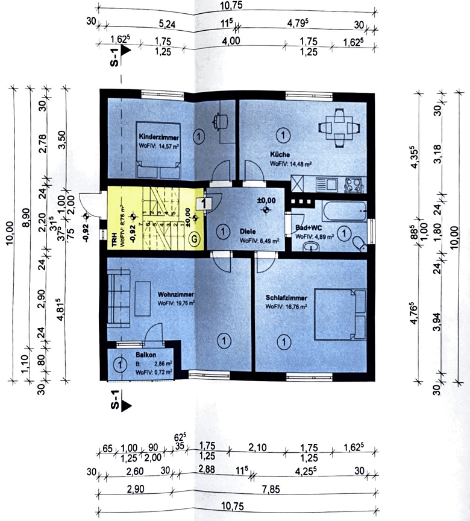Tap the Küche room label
(280, 154)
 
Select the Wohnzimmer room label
(175, 295)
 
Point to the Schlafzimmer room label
(286, 298)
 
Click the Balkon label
(146, 356)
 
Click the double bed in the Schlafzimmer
(341, 314)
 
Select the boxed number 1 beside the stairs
(205, 204)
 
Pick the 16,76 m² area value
(296, 306)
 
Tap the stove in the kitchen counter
(352, 183)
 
